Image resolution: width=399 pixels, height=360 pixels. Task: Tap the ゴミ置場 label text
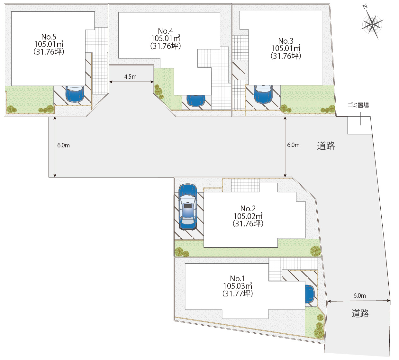358,105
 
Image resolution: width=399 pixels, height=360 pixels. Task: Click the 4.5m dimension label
130,76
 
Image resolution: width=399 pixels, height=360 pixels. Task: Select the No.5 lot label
49,37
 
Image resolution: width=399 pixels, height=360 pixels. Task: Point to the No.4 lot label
166,31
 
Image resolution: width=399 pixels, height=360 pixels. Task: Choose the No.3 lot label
286,41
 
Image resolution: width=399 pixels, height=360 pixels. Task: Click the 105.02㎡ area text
248,216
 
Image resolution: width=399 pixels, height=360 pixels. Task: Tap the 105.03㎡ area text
238,286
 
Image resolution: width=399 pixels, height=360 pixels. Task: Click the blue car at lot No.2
188,207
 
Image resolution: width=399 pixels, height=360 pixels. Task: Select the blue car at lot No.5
75,94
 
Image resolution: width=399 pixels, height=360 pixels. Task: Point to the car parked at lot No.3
263,94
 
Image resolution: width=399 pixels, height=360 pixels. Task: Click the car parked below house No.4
196,101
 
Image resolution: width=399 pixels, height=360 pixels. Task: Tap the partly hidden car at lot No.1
310,294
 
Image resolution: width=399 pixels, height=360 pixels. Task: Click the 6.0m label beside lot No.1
359,295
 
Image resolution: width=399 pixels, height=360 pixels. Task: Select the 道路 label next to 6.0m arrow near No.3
326,145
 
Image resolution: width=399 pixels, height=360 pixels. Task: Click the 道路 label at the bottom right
360,313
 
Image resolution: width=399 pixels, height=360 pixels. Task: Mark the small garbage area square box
360,125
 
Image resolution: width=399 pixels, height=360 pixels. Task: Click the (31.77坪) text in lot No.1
238,294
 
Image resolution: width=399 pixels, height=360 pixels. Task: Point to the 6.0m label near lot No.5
63,145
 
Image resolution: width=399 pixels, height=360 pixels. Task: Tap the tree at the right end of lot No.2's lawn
315,251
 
